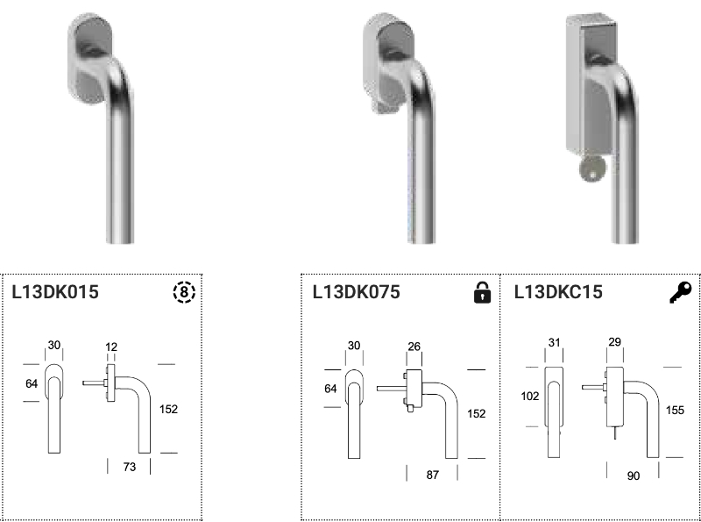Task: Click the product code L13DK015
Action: pos(55,292)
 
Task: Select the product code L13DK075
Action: pos(357,292)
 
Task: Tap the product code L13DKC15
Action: pos(558,292)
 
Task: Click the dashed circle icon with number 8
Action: pos(184,292)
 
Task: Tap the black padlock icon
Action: pos(482,292)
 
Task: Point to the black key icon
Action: pos(681,292)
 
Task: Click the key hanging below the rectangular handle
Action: pos(592,169)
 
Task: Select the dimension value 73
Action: pos(129,467)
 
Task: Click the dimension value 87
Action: pos(432,475)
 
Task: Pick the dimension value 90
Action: pos(633,476)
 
